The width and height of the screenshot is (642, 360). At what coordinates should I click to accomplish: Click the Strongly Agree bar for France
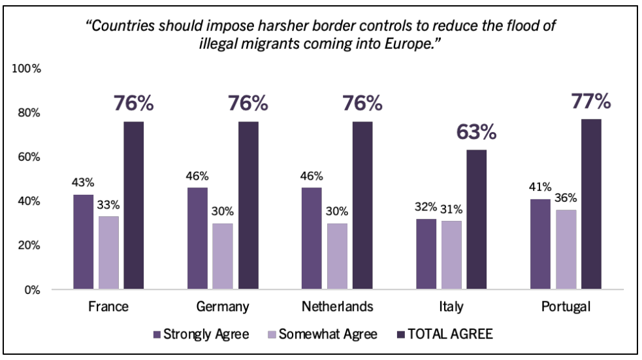click(83, 242)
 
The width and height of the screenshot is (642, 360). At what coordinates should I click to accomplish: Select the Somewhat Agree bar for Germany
click(223, 256)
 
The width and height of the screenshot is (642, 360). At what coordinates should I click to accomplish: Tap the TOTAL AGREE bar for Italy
click(477, 220)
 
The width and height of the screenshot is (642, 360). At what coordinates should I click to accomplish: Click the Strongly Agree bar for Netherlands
click(312, 238)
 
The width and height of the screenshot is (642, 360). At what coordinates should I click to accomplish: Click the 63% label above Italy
click(477, 133)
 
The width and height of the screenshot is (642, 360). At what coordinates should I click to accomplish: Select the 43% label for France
click(83, 183)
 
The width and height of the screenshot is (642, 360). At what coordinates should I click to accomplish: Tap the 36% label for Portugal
click(566, 198)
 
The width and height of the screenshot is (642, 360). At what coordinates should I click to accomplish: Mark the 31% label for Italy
click(451, 209)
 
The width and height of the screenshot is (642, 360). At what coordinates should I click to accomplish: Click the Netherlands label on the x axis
click(337, 306)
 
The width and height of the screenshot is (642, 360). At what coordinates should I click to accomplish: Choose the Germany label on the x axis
click(223, 306)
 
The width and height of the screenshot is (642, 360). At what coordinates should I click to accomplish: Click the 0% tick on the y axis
click(31, 289)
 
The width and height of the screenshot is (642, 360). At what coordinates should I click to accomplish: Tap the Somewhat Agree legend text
click(328, 335)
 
